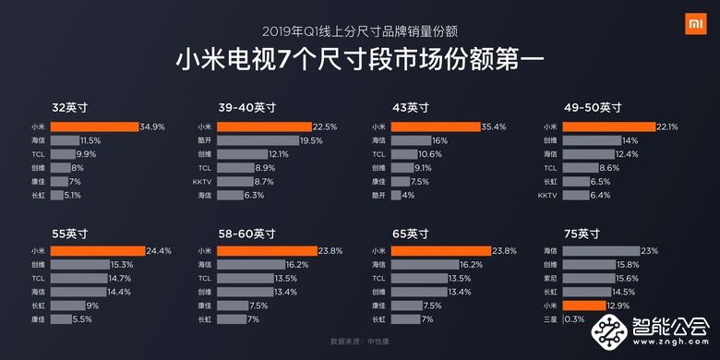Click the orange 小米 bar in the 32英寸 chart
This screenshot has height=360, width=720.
tap(93, 126)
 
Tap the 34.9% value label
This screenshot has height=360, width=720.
tap(152, 126)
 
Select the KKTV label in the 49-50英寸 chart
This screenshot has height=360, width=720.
tap(546, 196)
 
